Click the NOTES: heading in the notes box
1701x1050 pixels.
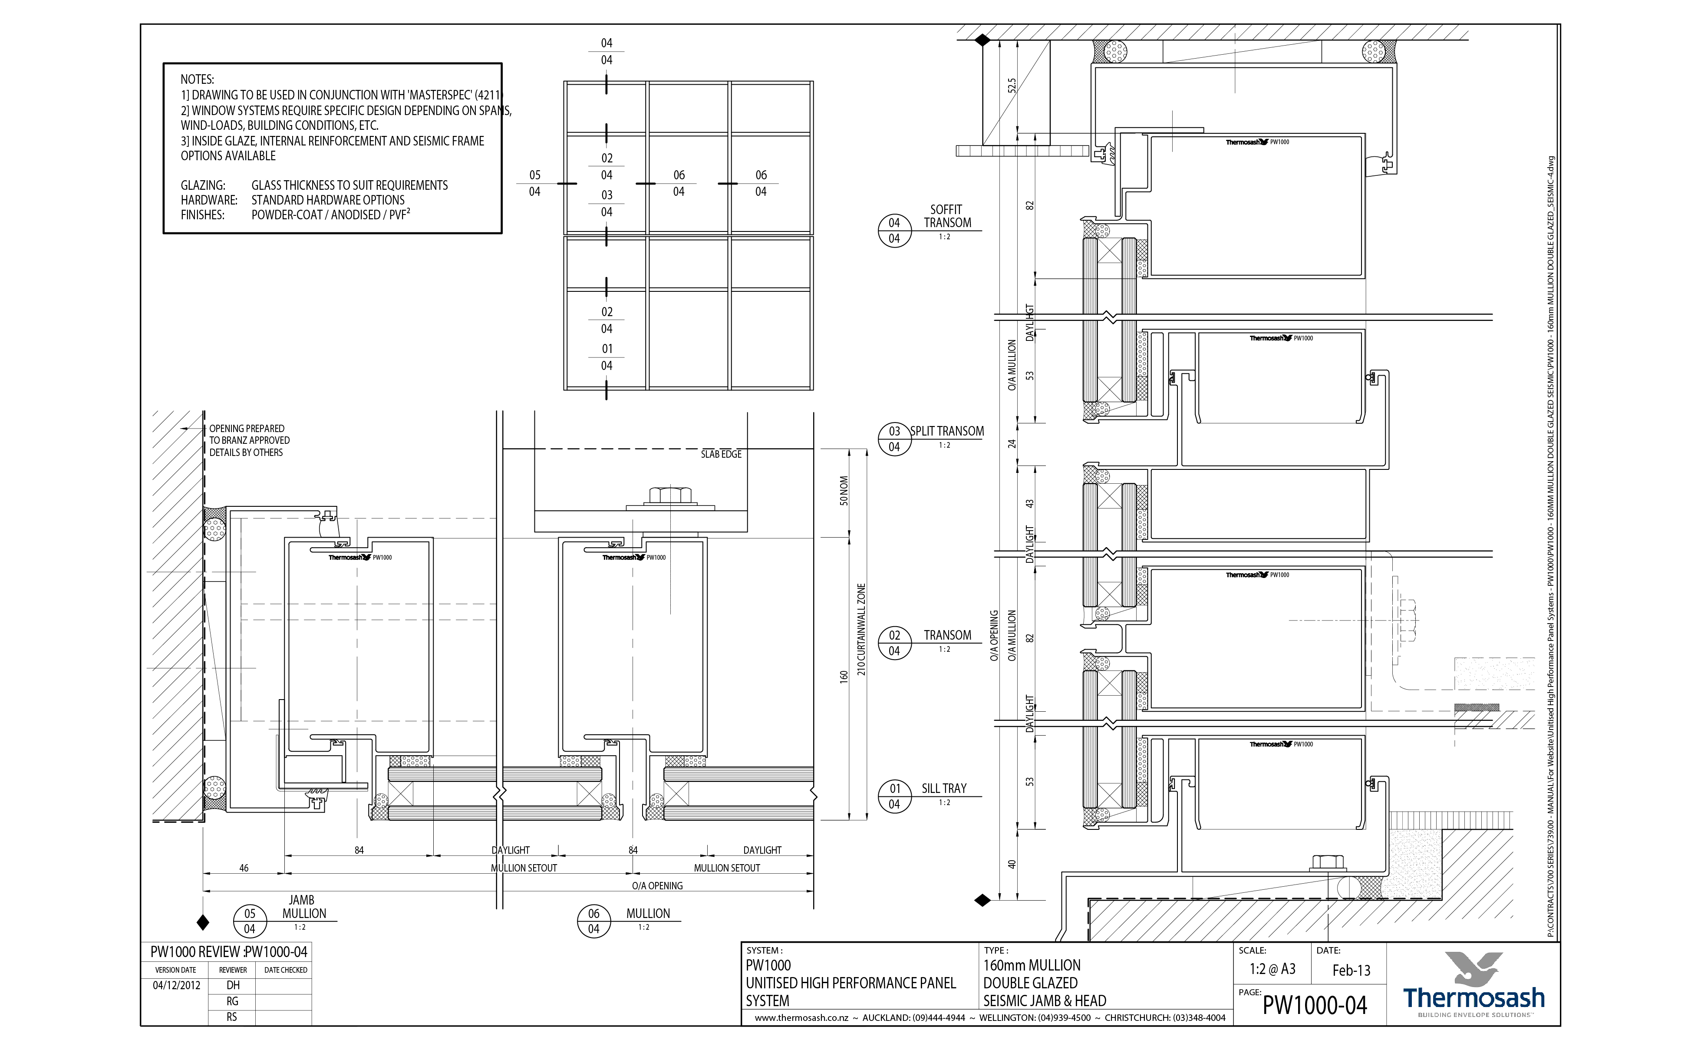197,79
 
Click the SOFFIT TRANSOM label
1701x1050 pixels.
946,216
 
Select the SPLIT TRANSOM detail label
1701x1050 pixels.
947,431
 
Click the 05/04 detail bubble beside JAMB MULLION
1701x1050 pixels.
249,921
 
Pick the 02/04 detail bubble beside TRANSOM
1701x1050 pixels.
894,643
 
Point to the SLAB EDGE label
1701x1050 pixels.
721,454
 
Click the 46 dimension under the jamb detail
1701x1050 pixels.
244,868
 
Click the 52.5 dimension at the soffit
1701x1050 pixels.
1012,86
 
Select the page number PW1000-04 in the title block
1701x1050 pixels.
1314,1006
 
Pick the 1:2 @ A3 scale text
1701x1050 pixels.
1272,969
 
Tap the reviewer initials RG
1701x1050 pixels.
233,1001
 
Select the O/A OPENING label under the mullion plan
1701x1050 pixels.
657,886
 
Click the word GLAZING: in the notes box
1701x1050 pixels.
203,185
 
